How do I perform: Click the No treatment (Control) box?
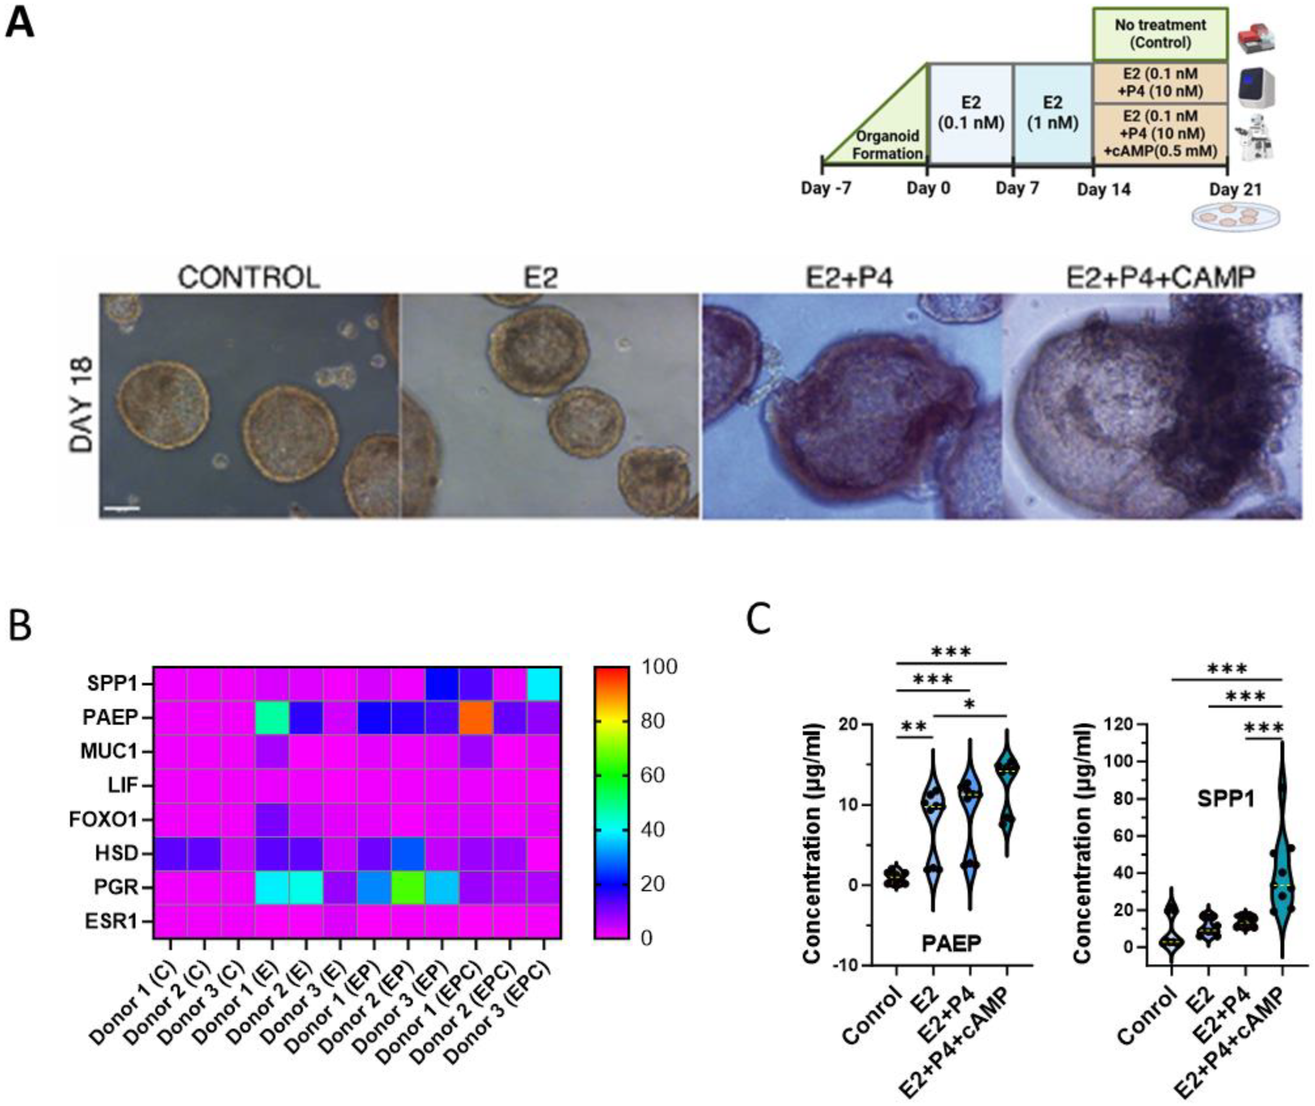(x=1160, y=35)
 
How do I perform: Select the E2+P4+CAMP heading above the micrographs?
(x=1161, y=277)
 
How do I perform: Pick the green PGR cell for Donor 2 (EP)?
(x=408, y=887)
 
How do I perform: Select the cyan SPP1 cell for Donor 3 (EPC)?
(x=544, y=684)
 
